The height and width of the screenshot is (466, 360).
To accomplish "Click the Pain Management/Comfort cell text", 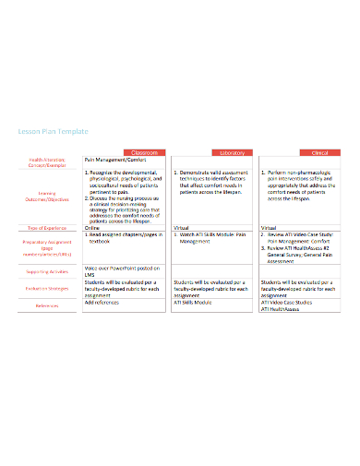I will [115, 161].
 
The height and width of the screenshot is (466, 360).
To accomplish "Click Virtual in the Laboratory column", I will [183, 227].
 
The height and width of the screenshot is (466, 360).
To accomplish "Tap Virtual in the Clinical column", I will [270, 227].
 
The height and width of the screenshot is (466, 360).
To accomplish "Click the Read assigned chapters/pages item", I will [126, 234].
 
